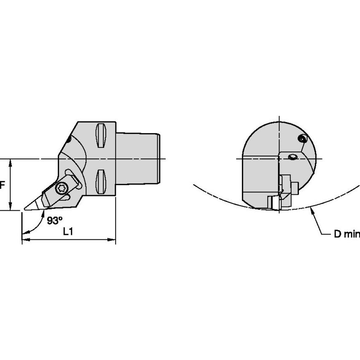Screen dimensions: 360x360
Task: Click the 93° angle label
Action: (55, 220)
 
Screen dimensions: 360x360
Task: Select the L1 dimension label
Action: (68, 232)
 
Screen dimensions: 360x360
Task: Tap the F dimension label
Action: (2, 185)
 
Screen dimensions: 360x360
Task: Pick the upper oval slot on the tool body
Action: (101, 135)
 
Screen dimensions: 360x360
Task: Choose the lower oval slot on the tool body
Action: (101, 182)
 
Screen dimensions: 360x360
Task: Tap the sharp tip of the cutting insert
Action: (24, 209)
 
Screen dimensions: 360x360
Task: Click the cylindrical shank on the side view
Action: (138, 159)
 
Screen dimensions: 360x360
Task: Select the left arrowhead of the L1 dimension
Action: (26, 240)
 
